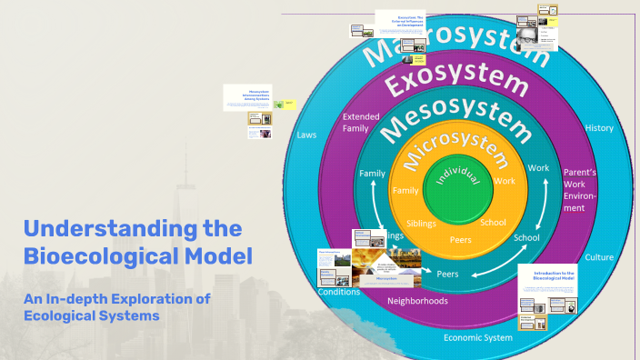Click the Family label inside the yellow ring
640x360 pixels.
coord(405,191)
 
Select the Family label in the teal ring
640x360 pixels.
coord(372,173)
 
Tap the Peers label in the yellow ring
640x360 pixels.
coord(461,239)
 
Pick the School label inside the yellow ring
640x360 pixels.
coord(493,222)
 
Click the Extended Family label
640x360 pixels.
coord(361,123)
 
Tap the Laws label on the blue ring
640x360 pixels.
coord(306,135)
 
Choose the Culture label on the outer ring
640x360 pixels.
coord(599,257)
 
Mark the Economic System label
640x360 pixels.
coord(479,337)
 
